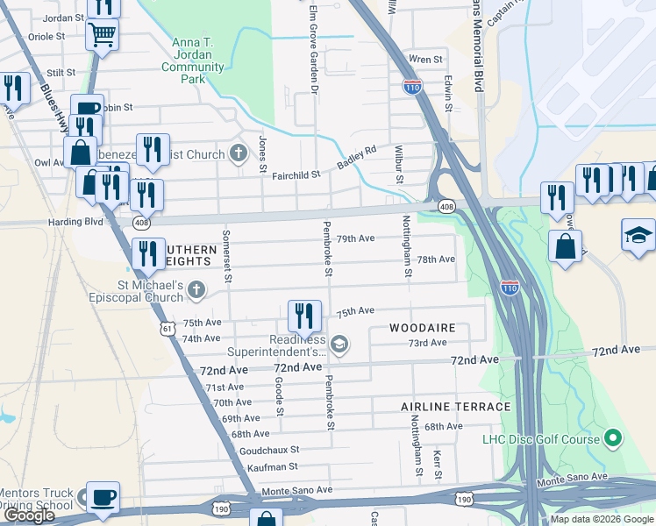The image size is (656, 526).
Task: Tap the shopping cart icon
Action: [x=103, y=36]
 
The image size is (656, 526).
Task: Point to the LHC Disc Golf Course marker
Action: [x=614, y=438]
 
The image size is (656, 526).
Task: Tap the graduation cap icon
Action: [x=638, y=234]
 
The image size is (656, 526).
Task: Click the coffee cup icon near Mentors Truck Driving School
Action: [x=103, y=497]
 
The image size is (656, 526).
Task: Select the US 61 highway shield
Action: [x=167, y=328]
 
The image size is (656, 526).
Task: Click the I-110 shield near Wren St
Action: [x=411, y=86]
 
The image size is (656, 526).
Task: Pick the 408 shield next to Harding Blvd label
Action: [x=141, y=223]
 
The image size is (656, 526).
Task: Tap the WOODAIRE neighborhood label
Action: [x=423, y=328]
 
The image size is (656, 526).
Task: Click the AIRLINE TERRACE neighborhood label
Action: [x=455, y=407]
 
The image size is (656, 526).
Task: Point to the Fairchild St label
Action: [x=297, y=175]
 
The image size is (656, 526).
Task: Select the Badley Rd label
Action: [x=359, y=156]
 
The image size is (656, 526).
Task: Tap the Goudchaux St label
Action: [x=269, y=450]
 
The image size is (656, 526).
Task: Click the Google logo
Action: [x=29, y=515]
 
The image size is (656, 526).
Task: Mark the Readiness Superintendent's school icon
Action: [x=339, y=345]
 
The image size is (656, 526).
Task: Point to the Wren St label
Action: [x=426, y=60]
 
